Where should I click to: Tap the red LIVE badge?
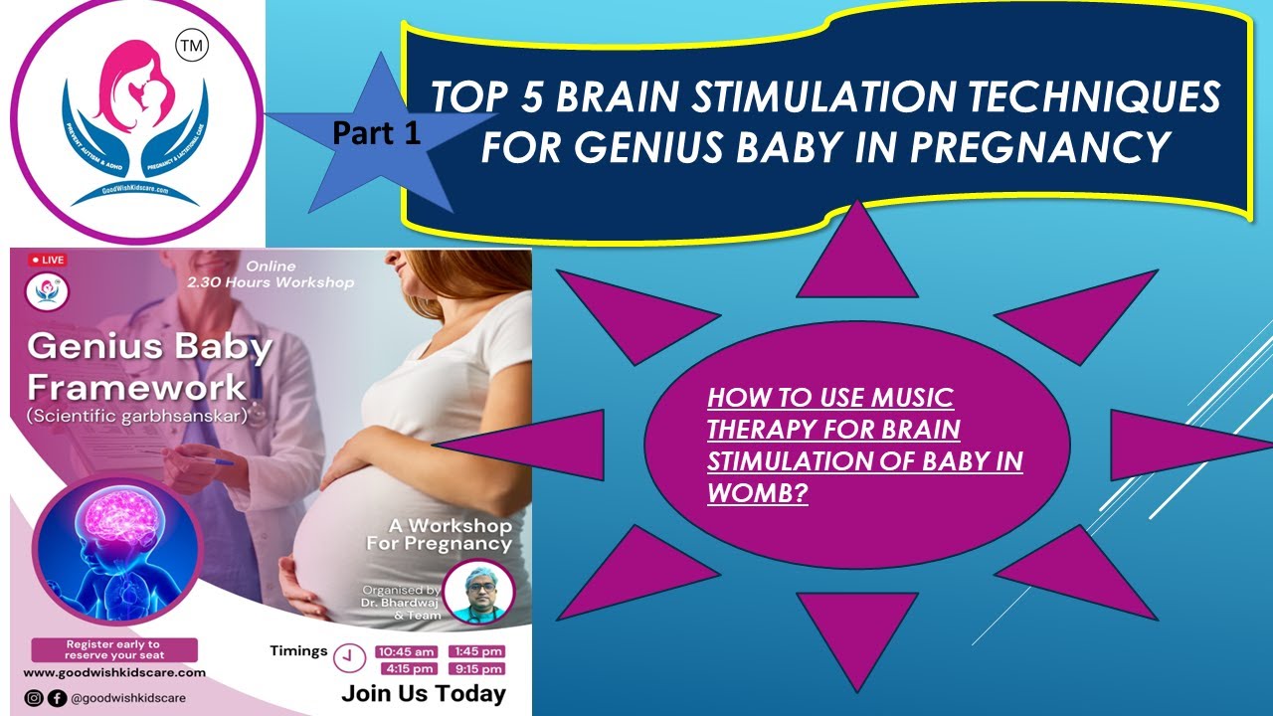click(x=48, y=260)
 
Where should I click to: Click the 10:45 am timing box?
click(x=406, y=652)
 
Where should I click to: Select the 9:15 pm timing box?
click(x=476, y=669)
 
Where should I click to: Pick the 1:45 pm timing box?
click(x=476, y=652)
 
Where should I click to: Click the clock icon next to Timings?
click(x=349, y=657)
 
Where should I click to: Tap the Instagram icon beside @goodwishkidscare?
click(x=34, y=698)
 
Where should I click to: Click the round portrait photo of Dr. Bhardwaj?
click(x=470, y=592)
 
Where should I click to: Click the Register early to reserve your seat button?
click(x=112, y=650)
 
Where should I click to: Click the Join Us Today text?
click(x=423, y=694)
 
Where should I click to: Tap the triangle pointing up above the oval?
click(x=857, y=257)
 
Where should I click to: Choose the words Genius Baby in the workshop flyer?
click(x=149, y=348)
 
